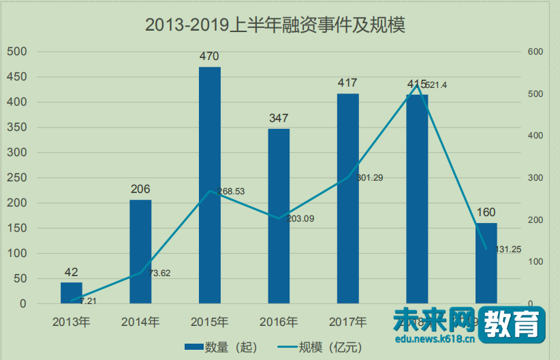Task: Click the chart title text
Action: pyautogui.click(x=275, y=26)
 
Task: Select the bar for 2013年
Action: pyautogui.click(x=71, y=292)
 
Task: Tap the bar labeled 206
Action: pyautogui.click(x=140, y=252)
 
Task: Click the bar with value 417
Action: pyautogui.click(x=348, y=198)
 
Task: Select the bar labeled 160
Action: pyautogui.click(x=486, y=263)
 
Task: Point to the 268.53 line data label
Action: pyautogui.click(x=231, y=192)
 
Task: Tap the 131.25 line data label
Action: pyautogui.click(x=508, y=250)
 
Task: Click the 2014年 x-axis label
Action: pyautogui.click(x=140, y=322)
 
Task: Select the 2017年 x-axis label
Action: pyautogui.click(x=347, y=322)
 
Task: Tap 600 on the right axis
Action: pyautogui.click(x=535, y=52)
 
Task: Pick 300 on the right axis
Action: pyautogui.click(x=535, y=178)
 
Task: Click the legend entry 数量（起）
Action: pyautogui.click(x=221, y=347)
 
